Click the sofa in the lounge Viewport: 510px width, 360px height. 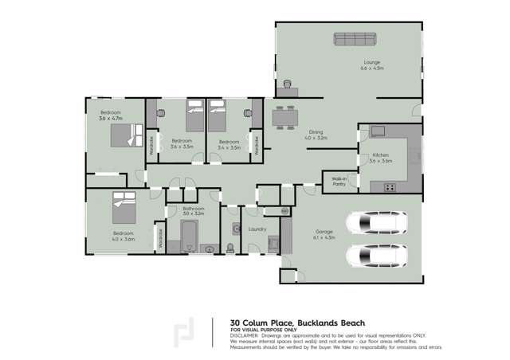[x=355, y=39]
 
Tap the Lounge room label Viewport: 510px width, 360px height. [x=372, y=63]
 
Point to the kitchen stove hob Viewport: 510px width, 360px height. [x=390, y=188]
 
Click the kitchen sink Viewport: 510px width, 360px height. [x=377, y=130]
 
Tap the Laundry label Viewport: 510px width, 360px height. [x=257, y=230]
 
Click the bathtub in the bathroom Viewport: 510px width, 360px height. [x=190, y=234]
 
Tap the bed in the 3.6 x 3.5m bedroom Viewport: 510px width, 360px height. [x=195, y=118]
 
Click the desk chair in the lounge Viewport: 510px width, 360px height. [x=288, y=82]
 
